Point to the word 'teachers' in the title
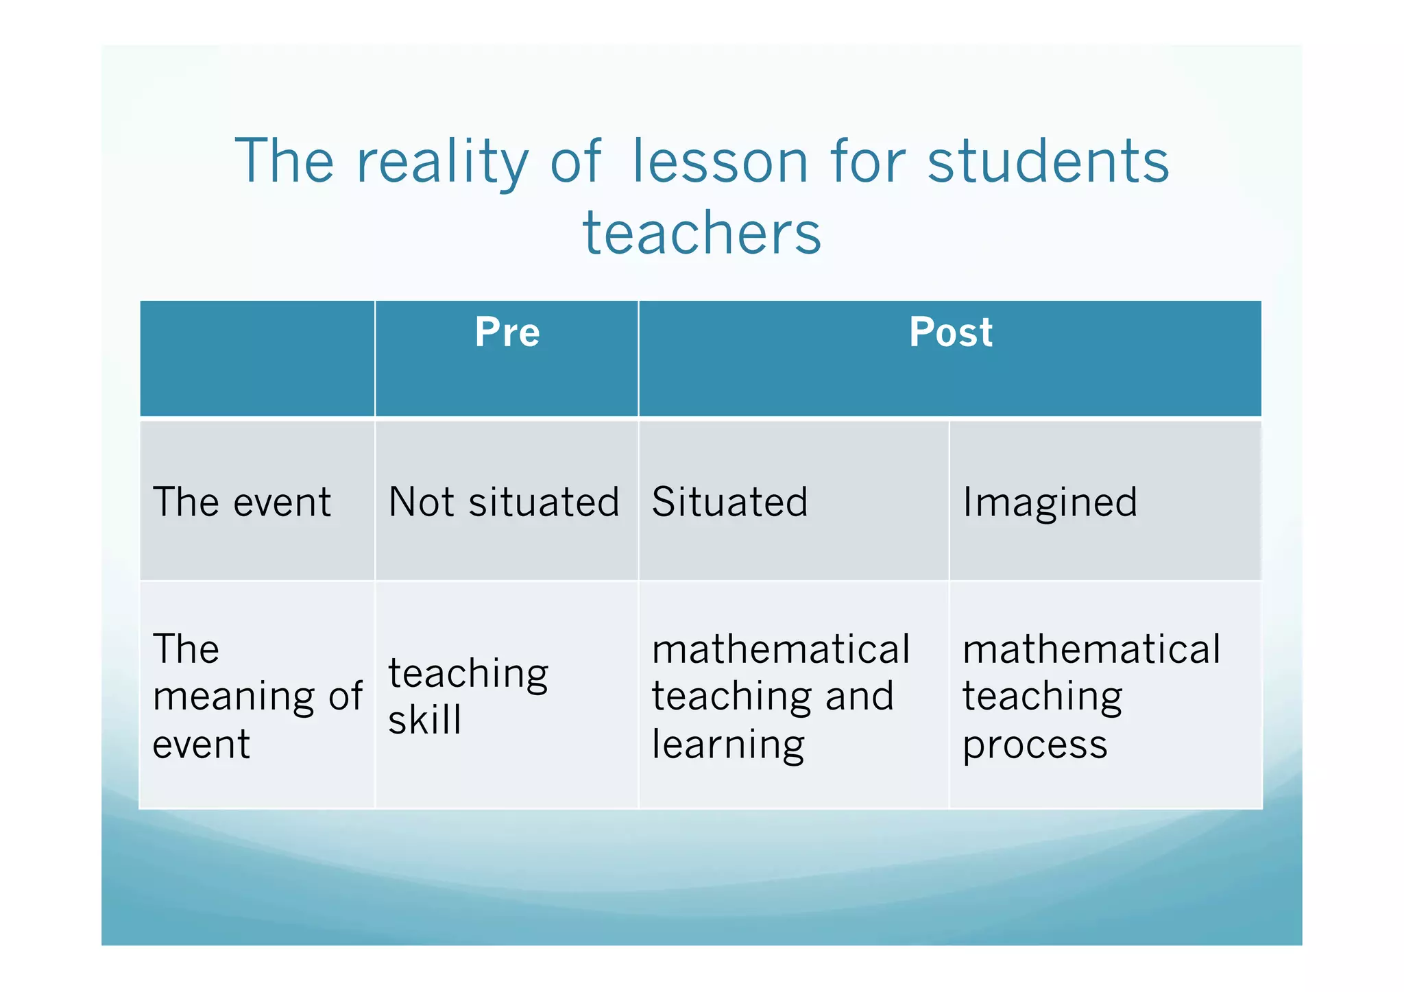click(701, 233)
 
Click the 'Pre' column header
click(507, 332)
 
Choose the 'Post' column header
click(950, 332)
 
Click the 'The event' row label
click(242, 502)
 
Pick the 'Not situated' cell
click(504, 502)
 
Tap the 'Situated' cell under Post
click(729, 502)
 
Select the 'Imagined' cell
click(1050, 502)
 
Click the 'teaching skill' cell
click(468, 696)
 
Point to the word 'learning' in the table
click(728, 745)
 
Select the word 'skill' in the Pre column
click(425, 720)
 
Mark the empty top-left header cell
click(257, 359)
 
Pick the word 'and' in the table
click(860, 697)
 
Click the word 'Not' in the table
click(422, 502)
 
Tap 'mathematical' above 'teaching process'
click(1091, 649)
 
